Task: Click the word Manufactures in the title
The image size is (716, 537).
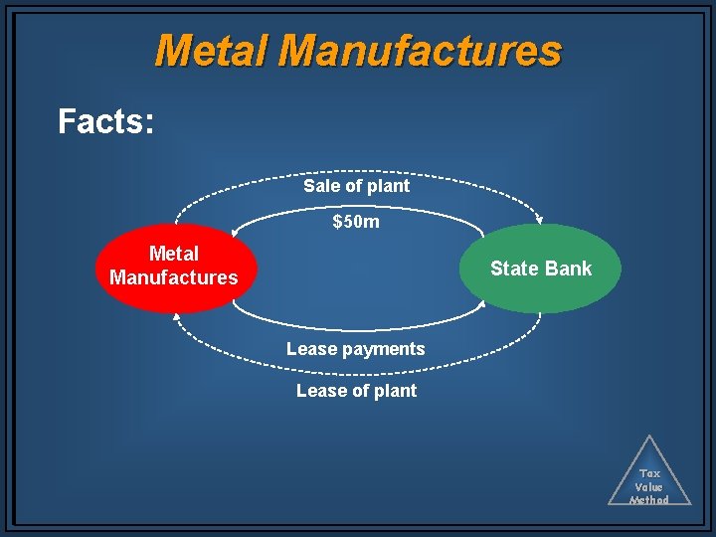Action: (x=421, y=50)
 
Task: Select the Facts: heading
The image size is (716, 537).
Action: (x=105, y=122)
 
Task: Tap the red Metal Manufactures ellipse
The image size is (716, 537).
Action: (x=175, y=267)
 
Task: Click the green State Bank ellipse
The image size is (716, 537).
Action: (x=541, y=268)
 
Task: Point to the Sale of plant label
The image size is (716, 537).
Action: (x=356, y=186)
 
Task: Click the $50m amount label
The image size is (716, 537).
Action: (x=356, y=222)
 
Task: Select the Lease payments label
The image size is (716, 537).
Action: (x=356, y=349)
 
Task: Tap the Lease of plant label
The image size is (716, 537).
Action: (x=356, y=391)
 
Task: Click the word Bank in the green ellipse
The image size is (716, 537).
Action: (x=568, y=268)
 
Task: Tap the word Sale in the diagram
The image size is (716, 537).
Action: (x=320, y=186)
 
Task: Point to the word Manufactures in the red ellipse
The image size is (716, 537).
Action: (x=174, y=277)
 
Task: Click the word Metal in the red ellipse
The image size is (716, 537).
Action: (x=174, y=255)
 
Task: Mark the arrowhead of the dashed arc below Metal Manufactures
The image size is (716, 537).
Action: (x=177, y=315)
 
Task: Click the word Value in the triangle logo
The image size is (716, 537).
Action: (x=649, y=487)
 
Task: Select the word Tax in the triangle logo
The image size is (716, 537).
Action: (x=649, y=474)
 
